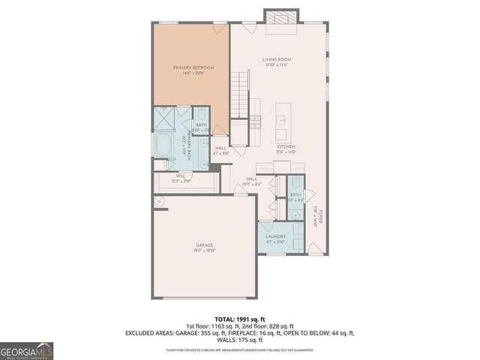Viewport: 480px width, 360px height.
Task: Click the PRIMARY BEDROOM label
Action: pyautogui.click(x=193, y=67)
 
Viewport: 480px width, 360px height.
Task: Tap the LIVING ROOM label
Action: pyautogui.click(x=277, y=59)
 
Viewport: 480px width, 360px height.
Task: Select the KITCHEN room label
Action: pyautogui.click(x=286, y=146)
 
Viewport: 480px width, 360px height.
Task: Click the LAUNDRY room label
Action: pyautogui.click(x=275, y=236)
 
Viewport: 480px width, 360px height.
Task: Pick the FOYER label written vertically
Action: pyautogui.click(x=319, y=217)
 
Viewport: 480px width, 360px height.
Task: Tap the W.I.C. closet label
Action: pyautogui.click(x=181, y=175)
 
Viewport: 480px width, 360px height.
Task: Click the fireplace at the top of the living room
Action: pyautogui.click(x=281, y=17)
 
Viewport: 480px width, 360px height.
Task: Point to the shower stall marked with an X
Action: pyautogui.click(x=163, y=118)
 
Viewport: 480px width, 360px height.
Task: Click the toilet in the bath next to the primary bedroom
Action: pyautogui.click(x=201, y=115)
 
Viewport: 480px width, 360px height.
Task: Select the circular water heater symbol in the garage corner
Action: pyautogui.click(x=159, y=201)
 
